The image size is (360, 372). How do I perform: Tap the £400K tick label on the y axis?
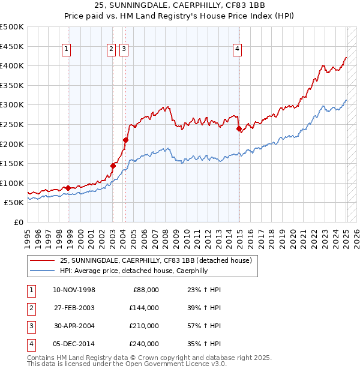tap(12, 65)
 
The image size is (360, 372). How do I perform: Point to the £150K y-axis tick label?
tap(12, 163)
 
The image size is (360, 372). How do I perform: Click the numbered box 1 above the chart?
tap(65, 50)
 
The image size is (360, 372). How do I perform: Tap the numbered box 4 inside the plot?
tap(238, 50)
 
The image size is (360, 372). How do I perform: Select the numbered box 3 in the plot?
tap(124, 50)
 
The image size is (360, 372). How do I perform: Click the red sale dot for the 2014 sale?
tap(239, 128)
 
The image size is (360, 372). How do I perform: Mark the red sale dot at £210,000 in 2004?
tap(125, 140)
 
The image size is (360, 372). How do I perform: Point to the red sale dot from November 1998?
tap(68, 188)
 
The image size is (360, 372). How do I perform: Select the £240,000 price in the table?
tap(143, 344)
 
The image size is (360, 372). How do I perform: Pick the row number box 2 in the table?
tap(30, 308)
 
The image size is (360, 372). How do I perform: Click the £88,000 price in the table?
tap(145, 290)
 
